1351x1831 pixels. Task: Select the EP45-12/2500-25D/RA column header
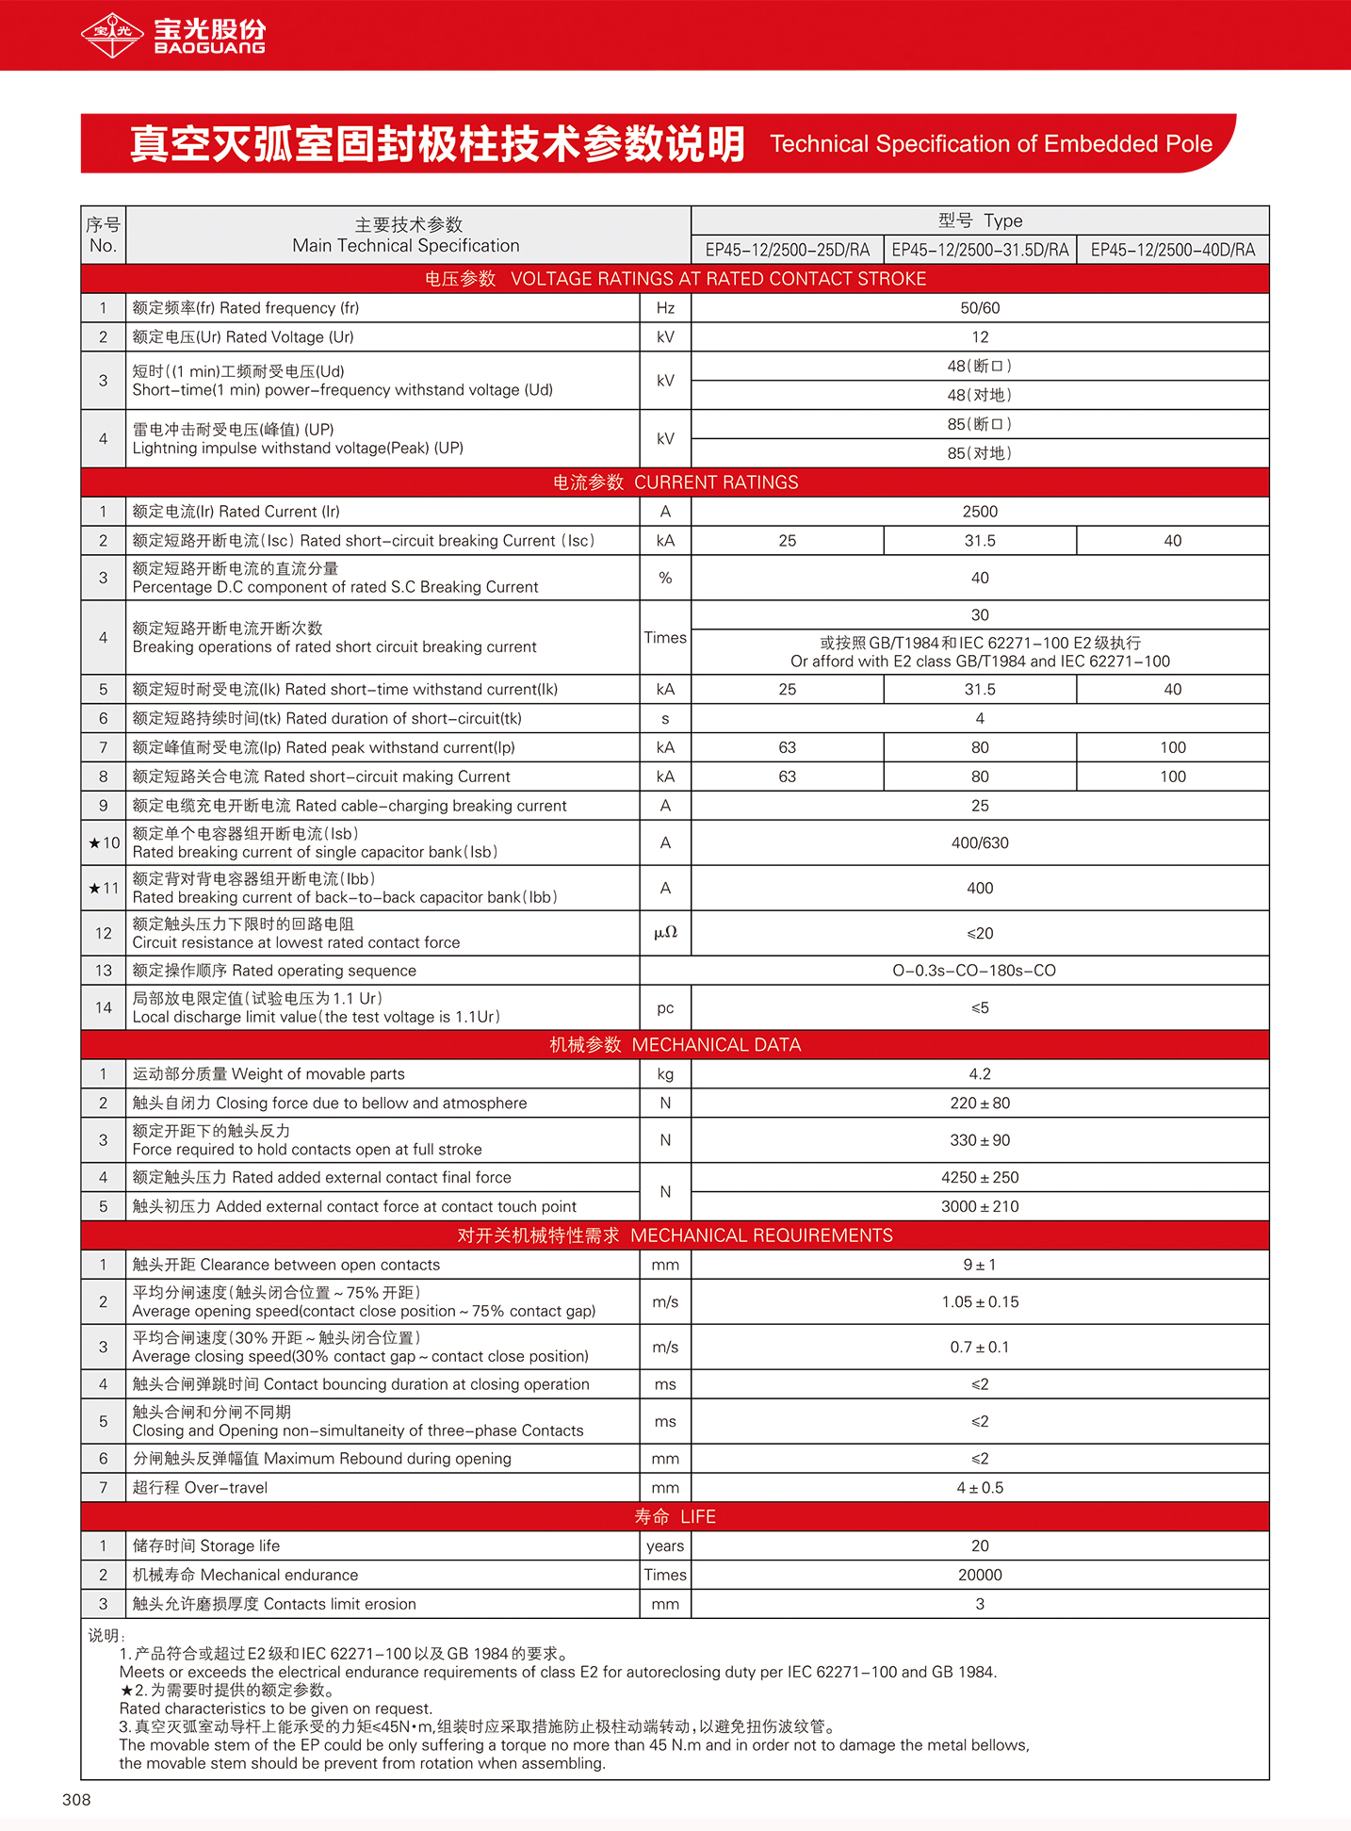[788, 250]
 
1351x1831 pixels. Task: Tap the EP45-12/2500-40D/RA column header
[1173, 250]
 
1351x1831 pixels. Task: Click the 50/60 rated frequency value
[980, 308]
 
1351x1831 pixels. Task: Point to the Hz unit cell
[665, 308]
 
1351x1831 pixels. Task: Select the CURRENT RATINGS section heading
[675, 482]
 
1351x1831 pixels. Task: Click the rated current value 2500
[980, 512]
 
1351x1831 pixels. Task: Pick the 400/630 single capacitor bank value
[980, 842]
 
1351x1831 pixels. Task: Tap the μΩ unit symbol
[665, 933]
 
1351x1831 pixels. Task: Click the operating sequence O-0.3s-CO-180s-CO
[974, 971]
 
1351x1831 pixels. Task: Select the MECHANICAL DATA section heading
[675, 1045]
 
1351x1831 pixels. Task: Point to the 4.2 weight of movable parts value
[980, 1074]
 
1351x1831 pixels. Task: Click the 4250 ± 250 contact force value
[980, 1178]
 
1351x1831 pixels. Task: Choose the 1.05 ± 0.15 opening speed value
[980, 1302]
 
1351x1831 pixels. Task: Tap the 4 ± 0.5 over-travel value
[980, 1488]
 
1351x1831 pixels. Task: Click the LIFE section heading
[675, 1517]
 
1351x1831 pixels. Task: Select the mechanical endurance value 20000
[980, 1575]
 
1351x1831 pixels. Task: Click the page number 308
[76, 1800]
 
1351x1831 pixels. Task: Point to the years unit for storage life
[665, 1546]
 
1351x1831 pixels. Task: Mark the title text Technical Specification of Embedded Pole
[991, 144]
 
